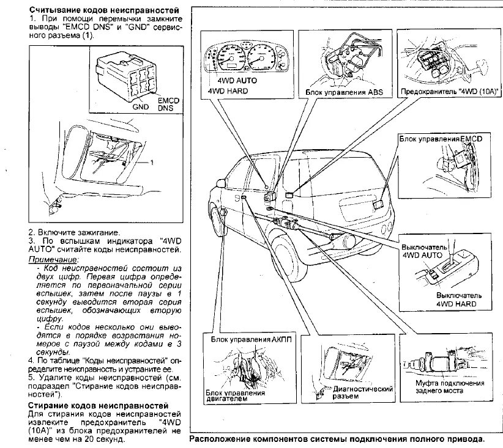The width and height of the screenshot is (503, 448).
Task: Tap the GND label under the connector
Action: pos(141,105)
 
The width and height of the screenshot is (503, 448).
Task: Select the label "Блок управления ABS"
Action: pos(341,92)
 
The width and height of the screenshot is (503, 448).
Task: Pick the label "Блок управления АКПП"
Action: pos(252,339)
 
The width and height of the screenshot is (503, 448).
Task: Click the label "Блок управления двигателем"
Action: pos(235,396)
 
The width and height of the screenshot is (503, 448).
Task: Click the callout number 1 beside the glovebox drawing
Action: pos(152,163)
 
